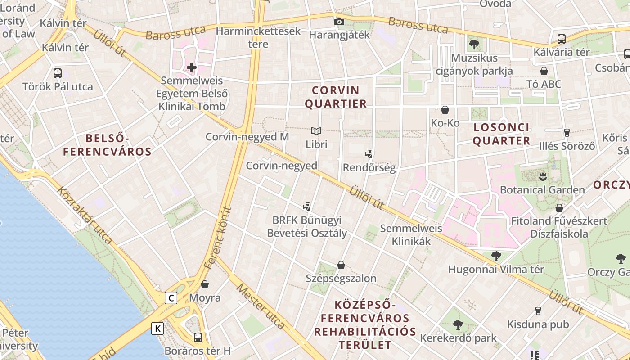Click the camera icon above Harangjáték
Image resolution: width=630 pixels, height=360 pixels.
[x=339, y=22]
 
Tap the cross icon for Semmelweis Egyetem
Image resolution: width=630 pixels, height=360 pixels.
[x=192, y=67]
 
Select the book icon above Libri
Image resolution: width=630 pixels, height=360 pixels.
[x=316, y=131]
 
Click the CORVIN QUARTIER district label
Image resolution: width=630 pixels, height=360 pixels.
[x=336, y=97]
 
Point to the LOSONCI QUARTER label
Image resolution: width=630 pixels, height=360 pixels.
[x=501, y=134]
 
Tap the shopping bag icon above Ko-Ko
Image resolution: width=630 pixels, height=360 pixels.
[x=445, y=110]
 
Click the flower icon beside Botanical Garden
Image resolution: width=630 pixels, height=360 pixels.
[x=542, y=176]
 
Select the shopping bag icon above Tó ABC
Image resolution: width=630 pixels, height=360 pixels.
[x=544, y=71]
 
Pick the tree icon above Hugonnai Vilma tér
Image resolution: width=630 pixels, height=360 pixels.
[x=496, y=256]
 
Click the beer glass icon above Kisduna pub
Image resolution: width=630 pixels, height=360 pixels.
[x=538, y=310]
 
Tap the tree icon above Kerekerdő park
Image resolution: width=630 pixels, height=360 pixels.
[x=458, y=324]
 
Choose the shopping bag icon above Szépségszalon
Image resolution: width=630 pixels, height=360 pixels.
[x=341, y=265]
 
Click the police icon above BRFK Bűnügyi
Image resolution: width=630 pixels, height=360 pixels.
[x=307, y=207]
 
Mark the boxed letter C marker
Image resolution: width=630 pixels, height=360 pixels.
[x=171, y=298]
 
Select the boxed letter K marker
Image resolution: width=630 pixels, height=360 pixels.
[x=157, y=329]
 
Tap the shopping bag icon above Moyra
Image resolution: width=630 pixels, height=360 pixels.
[x=205, y=284]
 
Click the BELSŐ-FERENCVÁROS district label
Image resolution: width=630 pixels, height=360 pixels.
[x=107, y=145]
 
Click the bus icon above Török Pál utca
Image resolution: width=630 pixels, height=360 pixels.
[x=58, y=73]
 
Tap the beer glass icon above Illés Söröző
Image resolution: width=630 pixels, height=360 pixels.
[x=567, y=133]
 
